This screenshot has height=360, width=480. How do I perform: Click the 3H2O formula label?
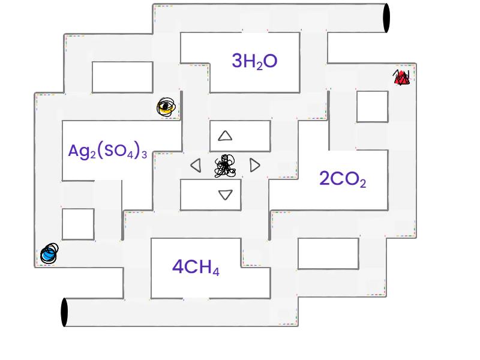click(x=254, y=61)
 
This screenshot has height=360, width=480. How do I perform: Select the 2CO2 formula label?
click(x=343, y=178)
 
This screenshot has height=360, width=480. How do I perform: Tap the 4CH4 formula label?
click(x=196, y=267)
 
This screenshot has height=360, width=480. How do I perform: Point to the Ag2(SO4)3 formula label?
click(x=107, y=151)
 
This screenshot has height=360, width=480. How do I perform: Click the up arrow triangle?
click(x=225, y=136)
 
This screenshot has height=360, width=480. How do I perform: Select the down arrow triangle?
click(x=226, y=194)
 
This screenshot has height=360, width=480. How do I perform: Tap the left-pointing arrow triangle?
click(x=196, y=166)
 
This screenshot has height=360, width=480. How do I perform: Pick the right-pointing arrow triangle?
click(x=254, y=166)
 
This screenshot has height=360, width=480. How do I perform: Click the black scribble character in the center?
click(x=225, y=166)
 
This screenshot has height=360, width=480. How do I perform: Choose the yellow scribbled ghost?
click(x=166, y=107)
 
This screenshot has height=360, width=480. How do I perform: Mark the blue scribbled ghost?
click(x=49, y=253)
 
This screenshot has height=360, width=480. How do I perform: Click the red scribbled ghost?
click(x=401, y=77)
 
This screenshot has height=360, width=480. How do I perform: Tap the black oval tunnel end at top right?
click(x=386, y=18)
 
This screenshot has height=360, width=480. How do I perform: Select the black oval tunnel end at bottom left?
click(x=64, y=312)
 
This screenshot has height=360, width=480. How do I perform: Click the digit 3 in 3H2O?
click(x=237, y=61)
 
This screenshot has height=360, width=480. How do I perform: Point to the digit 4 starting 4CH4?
click(x=178, y=266)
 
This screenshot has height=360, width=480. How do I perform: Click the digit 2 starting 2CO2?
click(x=324, y=178)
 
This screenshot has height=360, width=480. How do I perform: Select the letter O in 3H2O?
click(x=271, y=61)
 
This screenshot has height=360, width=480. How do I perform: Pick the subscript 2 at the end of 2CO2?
click(x=363, y=184)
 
